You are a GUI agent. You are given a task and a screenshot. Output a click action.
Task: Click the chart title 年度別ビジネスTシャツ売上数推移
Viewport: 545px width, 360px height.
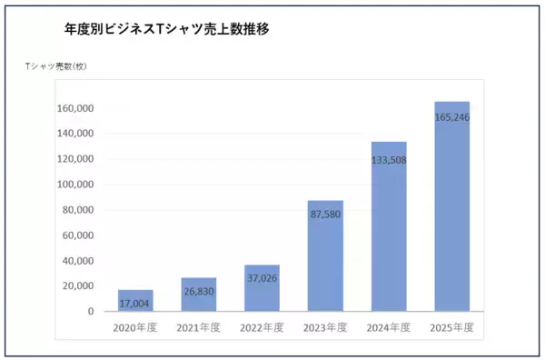pos(168,29)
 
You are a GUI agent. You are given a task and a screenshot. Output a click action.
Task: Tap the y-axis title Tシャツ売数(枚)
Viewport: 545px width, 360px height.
pos(55,67)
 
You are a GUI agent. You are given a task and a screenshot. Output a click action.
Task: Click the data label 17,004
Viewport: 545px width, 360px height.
pos(135,303)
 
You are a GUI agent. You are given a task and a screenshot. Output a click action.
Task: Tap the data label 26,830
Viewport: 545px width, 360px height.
pos(199,293)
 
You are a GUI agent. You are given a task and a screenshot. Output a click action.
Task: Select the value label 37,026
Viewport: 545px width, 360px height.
pos(262,278)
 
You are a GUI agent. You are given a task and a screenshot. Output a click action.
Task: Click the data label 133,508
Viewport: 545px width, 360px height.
pos(389,159)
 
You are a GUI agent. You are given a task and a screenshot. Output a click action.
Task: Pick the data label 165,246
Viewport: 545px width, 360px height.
pos(451,117)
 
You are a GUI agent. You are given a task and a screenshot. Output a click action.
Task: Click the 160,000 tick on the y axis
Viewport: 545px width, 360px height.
pos(74,108)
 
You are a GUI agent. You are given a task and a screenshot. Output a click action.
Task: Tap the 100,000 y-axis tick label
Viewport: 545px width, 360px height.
pos(74,185)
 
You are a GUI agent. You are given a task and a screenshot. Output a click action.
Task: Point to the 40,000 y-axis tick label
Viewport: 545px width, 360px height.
pos(77,261)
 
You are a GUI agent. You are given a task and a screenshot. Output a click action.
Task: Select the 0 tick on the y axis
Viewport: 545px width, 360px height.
pos(90,312)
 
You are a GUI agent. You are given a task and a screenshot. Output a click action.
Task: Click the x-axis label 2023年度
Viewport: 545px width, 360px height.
pos(325,327)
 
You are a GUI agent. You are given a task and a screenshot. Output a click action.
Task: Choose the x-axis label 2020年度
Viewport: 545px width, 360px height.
pos(135,327)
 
